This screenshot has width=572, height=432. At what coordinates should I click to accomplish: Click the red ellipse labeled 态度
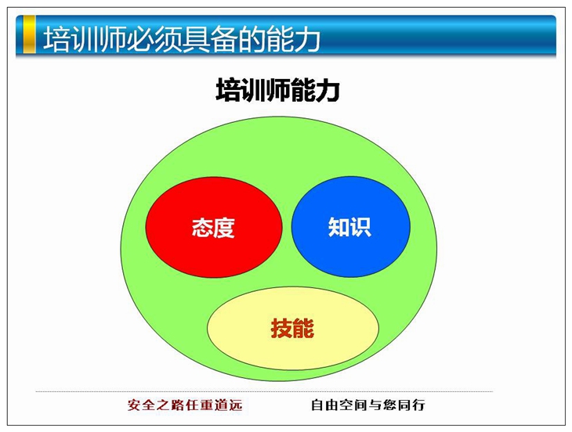click(214, 227)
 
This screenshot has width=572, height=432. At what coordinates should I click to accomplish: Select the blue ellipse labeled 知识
click(351, 226)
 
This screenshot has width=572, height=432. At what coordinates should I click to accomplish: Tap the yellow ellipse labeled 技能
click(293, 328)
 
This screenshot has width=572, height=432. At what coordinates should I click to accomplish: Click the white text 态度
click(213, 228)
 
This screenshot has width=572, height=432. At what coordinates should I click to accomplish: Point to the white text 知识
click(349, 227)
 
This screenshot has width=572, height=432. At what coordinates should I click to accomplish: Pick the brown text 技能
click(292, 328)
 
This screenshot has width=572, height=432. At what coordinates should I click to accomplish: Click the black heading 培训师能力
click(278, 89)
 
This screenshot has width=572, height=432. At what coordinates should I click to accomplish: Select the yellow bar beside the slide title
click(29, 34)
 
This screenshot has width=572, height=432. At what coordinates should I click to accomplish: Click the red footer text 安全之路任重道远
click(185, 405)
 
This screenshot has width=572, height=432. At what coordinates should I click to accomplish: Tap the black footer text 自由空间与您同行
click(368, 405)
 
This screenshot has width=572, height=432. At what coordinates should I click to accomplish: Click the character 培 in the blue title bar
click(57, 38)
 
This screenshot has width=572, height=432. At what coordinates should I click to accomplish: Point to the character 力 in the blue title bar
click(307, 38)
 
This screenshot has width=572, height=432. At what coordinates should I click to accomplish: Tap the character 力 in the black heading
click(328, 90)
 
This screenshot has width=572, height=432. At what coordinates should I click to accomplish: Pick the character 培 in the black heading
click(228, 90)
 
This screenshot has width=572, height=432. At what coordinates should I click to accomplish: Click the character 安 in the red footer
click(134, 405)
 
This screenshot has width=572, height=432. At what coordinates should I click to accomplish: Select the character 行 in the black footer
click(418, 405)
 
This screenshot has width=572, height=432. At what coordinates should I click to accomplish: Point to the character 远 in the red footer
click(236, 405)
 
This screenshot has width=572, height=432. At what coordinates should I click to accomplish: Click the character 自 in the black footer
click(317, 405)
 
